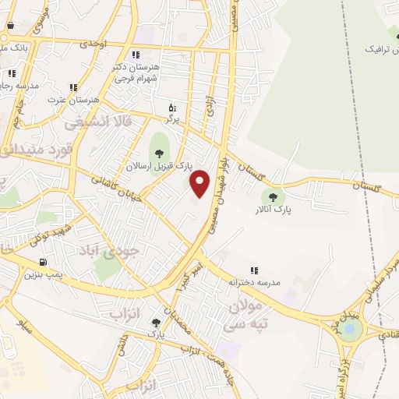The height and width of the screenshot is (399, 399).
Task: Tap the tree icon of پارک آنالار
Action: point(272,196)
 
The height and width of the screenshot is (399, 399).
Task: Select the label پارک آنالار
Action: point(272,210)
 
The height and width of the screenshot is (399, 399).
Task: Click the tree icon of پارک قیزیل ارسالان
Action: point(160,153)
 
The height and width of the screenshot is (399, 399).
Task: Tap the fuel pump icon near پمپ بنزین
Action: point(41,261)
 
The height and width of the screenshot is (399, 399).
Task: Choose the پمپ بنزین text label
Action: point(42,274)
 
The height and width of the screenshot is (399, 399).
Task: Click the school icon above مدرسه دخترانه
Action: point(254,270)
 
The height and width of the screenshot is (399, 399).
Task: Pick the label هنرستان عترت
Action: point(73,101)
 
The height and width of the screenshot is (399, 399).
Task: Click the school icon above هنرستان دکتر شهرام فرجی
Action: point(136,55)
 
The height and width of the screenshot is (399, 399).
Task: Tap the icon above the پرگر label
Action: point(172,108)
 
